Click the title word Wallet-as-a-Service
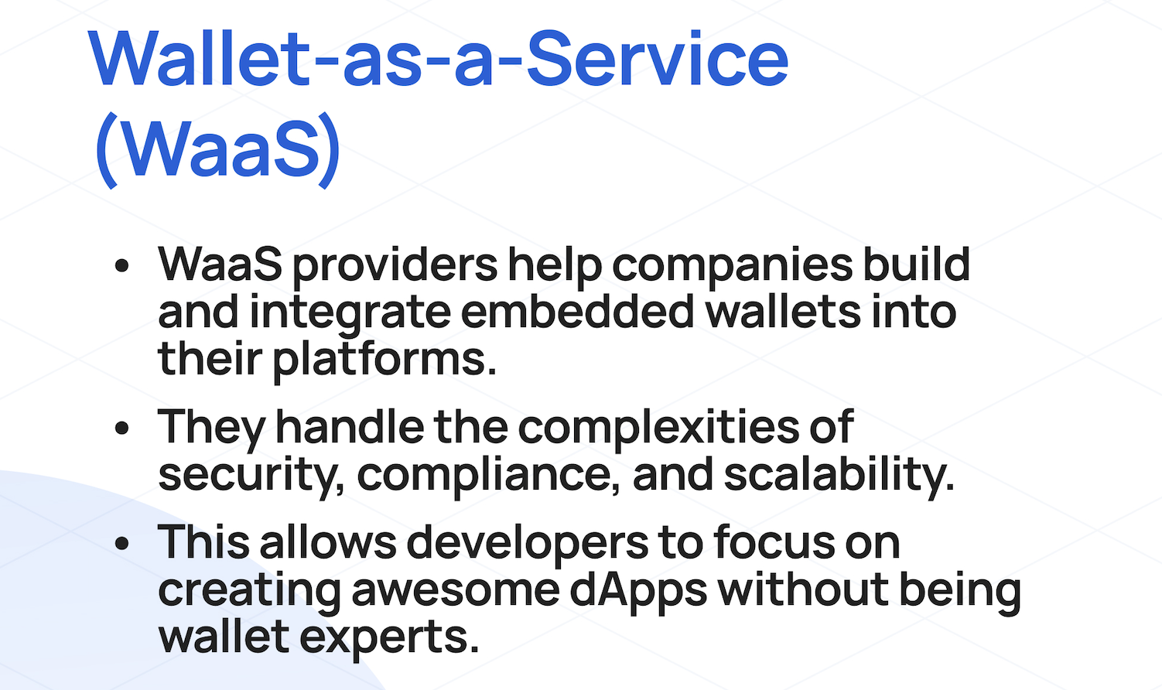(x=439, y=59)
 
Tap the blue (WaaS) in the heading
(x=218, y=149)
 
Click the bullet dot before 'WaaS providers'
(x=121, y=266)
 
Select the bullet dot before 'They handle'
(x=121, y=428)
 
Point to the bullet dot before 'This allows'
(x=121, y=543)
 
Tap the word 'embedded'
(x=577, y=313)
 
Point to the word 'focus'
(x=774, y=542)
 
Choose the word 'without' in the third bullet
(x=803, y=589)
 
